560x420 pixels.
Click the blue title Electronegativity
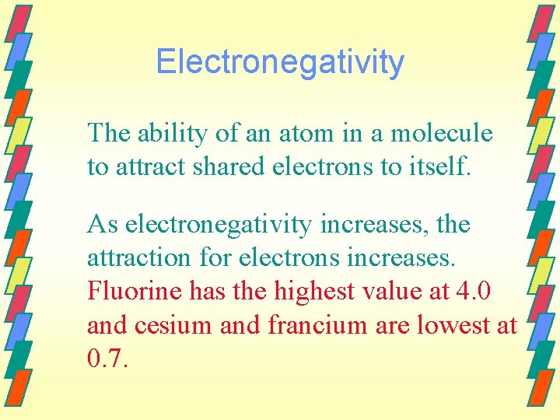(280, 62)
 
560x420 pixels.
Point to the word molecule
(441, 134)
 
